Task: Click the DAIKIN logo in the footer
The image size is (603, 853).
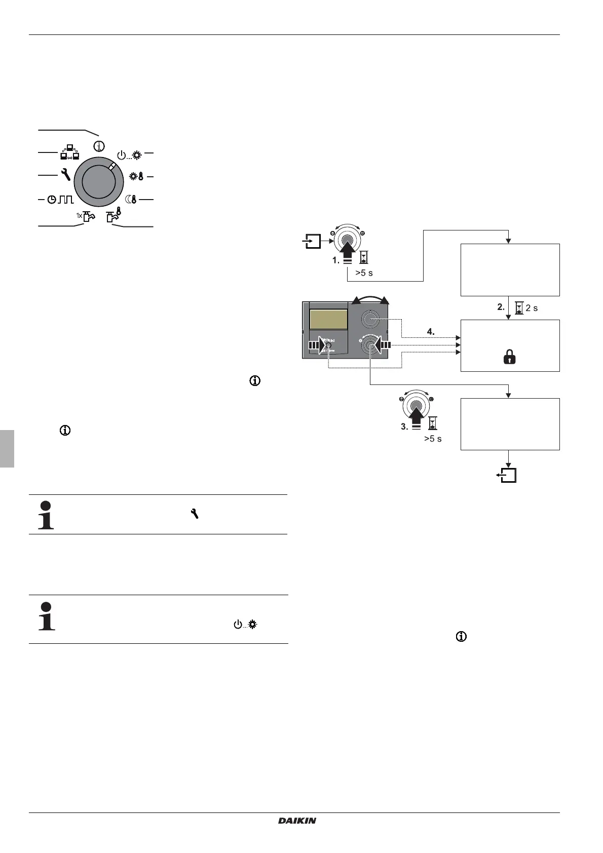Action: tap(297, 821)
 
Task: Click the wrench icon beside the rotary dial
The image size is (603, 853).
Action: tap(65, 175)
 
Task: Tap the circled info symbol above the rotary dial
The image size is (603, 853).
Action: tap(99, 146)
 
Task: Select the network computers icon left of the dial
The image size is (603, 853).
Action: tap(70, 152)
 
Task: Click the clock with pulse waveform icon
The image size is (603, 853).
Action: tap(60, 200)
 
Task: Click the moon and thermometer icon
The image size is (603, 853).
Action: tap(131, 200)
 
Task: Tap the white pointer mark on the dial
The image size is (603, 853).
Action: tap(112, 166)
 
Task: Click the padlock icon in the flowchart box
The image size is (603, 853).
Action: tap(509, 358)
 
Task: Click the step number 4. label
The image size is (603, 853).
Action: tap(431, 332)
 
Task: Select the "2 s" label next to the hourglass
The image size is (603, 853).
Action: tap(532, 308)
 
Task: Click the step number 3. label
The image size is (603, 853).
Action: tap(404, 427)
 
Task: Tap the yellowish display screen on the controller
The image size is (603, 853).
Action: tap(328, 320)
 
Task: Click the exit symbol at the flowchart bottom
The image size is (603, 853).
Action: tap(508, 475)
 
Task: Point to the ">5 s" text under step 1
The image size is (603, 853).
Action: tap(364, 273)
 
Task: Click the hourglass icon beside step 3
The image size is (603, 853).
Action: tap(433, 423)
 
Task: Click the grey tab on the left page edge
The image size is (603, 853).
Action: tap(7, 448)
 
